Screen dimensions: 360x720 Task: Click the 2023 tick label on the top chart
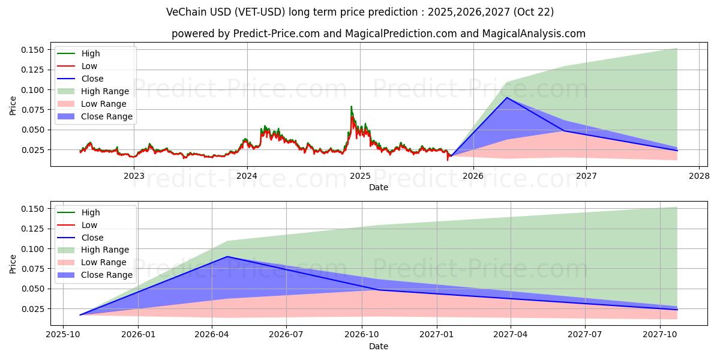(134, 176)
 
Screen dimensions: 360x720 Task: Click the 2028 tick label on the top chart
(699, 176)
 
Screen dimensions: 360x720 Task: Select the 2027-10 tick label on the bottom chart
(660, 335)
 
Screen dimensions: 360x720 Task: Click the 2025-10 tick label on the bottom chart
(64, 335)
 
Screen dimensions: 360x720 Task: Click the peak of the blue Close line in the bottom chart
(227, 257)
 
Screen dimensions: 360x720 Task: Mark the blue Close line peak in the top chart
(507, 97)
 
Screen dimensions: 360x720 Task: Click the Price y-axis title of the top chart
(13, 106)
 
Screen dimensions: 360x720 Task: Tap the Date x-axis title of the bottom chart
(378, 346)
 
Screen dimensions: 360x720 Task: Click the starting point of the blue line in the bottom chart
(80, 314)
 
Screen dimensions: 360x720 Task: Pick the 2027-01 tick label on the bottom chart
(436, 335)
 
